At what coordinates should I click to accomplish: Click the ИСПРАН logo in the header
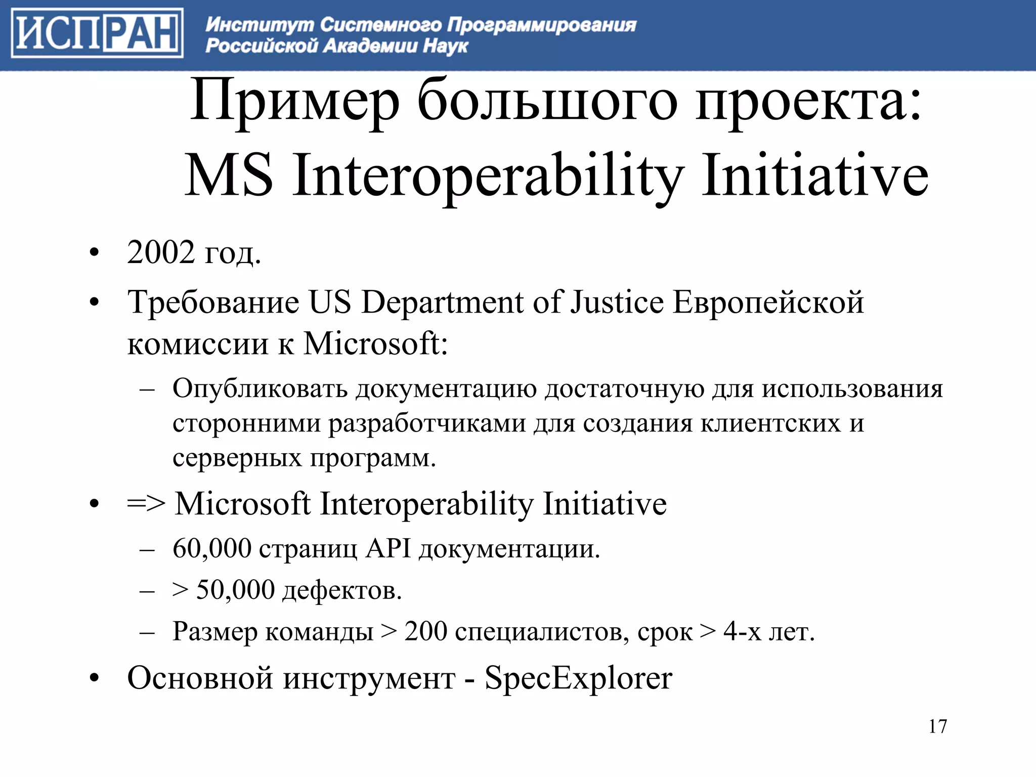click(x=97, y=33)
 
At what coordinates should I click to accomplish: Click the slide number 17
click(x=937, y=726)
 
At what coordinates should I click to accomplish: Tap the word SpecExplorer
click(x=578, y=678)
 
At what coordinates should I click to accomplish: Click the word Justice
click(x=617, y=303)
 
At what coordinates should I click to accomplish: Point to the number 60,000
click(x=212, y=548)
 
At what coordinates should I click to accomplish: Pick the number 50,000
click(x=235, y=590)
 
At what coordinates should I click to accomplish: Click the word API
click(x=388, y=548)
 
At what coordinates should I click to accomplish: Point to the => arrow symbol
click(x=146, y=504)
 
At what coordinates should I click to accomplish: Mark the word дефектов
click(x=341, y=590)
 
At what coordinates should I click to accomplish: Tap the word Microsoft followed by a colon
click(x=375, y=344)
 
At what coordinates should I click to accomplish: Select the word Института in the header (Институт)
click(x=260, y=24)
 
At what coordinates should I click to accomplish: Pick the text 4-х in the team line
click(x=742, y=631)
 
